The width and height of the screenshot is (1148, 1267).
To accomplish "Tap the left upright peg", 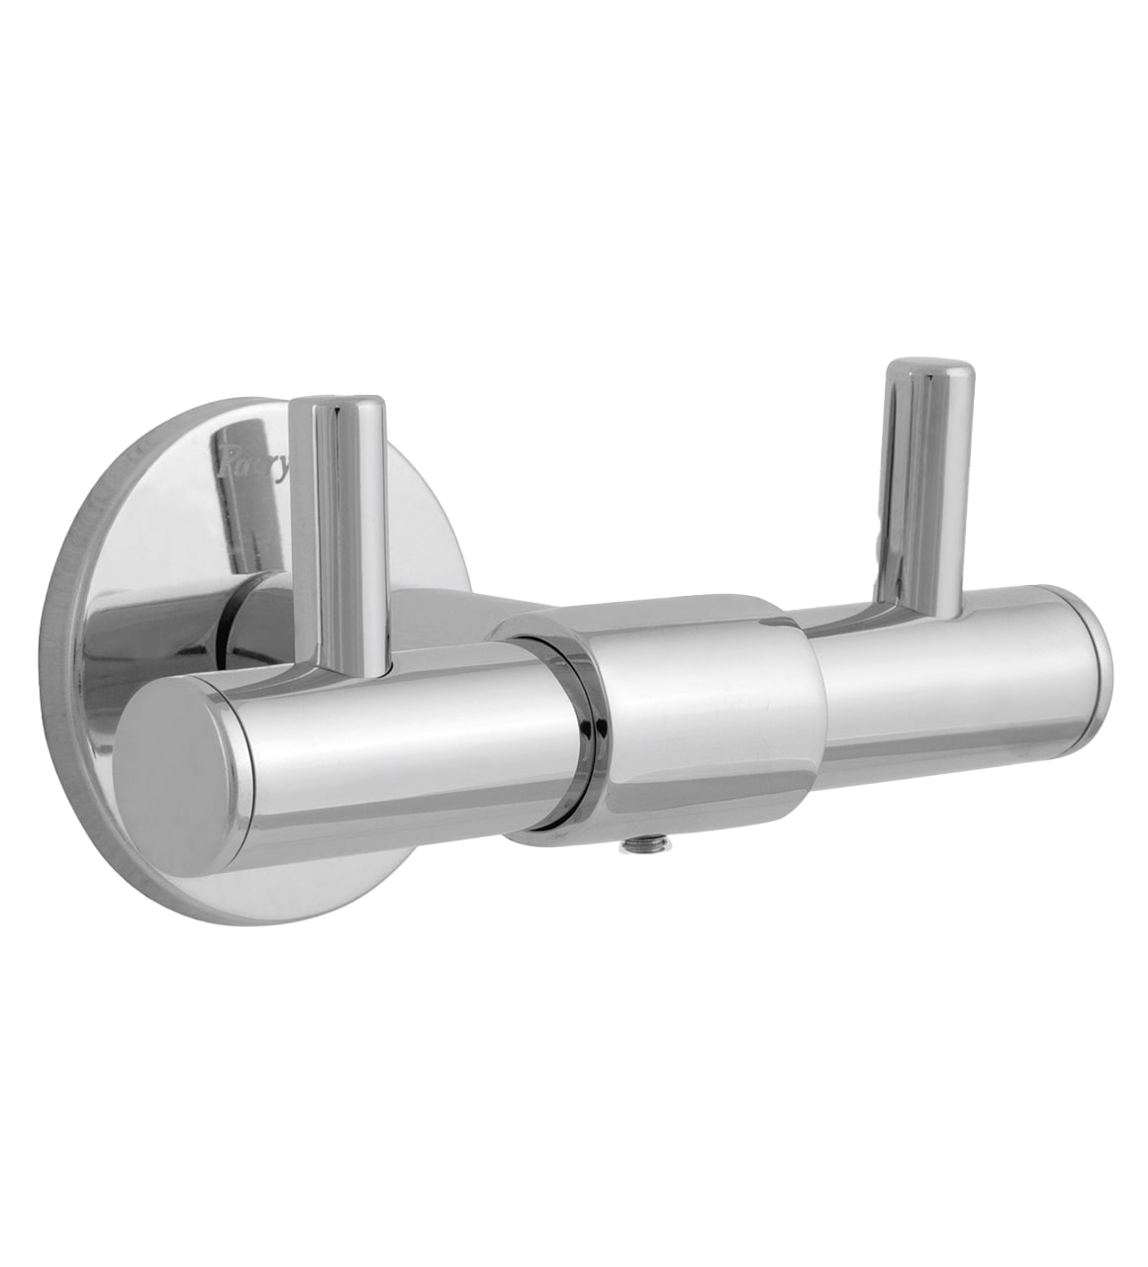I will coord(346,535).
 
